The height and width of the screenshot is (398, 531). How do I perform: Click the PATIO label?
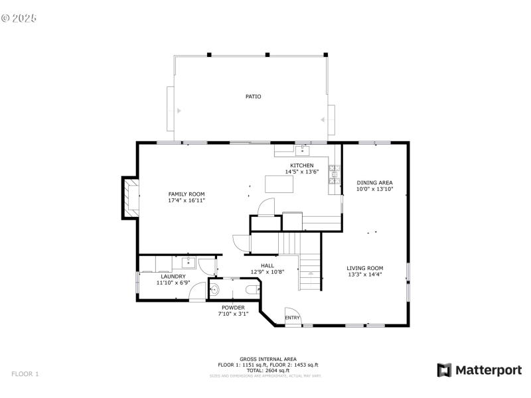(x=253, y=97)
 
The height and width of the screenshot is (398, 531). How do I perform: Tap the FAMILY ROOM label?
(x=186, y=194)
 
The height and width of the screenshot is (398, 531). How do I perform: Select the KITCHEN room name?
(x=301, y=165)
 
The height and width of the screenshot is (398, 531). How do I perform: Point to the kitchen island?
(x=279, y=183)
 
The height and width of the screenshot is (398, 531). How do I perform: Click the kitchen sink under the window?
(x=303, y=149)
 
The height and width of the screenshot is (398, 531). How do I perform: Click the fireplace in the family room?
(x=130, y=197)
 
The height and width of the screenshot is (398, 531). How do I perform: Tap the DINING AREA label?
(x=375, y=182)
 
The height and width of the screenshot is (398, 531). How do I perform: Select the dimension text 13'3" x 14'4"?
(x=365, y=274)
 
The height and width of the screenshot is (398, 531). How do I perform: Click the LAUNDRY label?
(x=173, y=277)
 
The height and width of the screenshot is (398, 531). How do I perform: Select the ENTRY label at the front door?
(x=292, y=318)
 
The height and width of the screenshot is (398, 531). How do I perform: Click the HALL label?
(x=267, y=265)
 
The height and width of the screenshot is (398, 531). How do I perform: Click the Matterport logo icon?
(x=443, y=370)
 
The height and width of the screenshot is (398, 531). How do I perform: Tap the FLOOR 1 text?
(x=25, y=374)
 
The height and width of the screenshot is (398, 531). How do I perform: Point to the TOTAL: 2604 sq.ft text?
(x=268, y=370)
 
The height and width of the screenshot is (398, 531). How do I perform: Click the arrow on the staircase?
(x=309, y=272)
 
